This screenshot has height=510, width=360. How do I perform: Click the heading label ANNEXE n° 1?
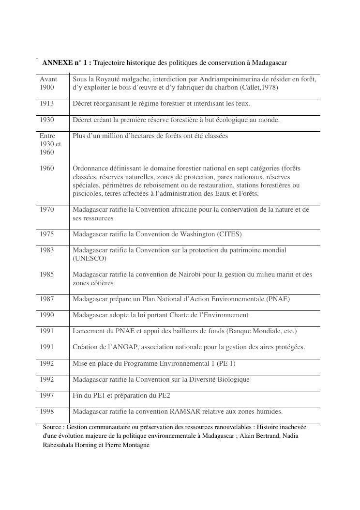pos(66,63)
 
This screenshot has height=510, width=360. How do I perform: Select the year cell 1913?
pos(47,104)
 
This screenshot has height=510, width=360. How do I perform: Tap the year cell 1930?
pos(47,120)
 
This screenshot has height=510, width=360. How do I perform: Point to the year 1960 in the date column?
pos(47,168)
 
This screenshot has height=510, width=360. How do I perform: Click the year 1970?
pos(47,210)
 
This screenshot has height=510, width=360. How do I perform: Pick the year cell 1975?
pos(47,234)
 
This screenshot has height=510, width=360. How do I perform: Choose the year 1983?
pos(47,250)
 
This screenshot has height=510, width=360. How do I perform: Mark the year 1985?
pos(47,274)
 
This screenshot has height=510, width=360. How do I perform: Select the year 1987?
pos(47,299)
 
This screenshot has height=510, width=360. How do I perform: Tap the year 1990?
pos(47,315)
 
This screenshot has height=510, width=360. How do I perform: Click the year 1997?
pos(47,395)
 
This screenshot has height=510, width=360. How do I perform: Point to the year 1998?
pos(47,411)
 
